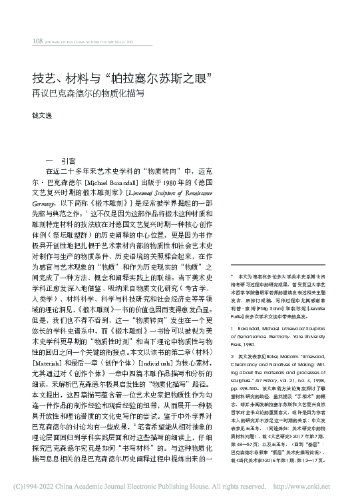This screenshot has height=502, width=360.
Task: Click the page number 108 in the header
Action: [38, 41]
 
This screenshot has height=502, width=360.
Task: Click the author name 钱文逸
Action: [42, 115]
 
